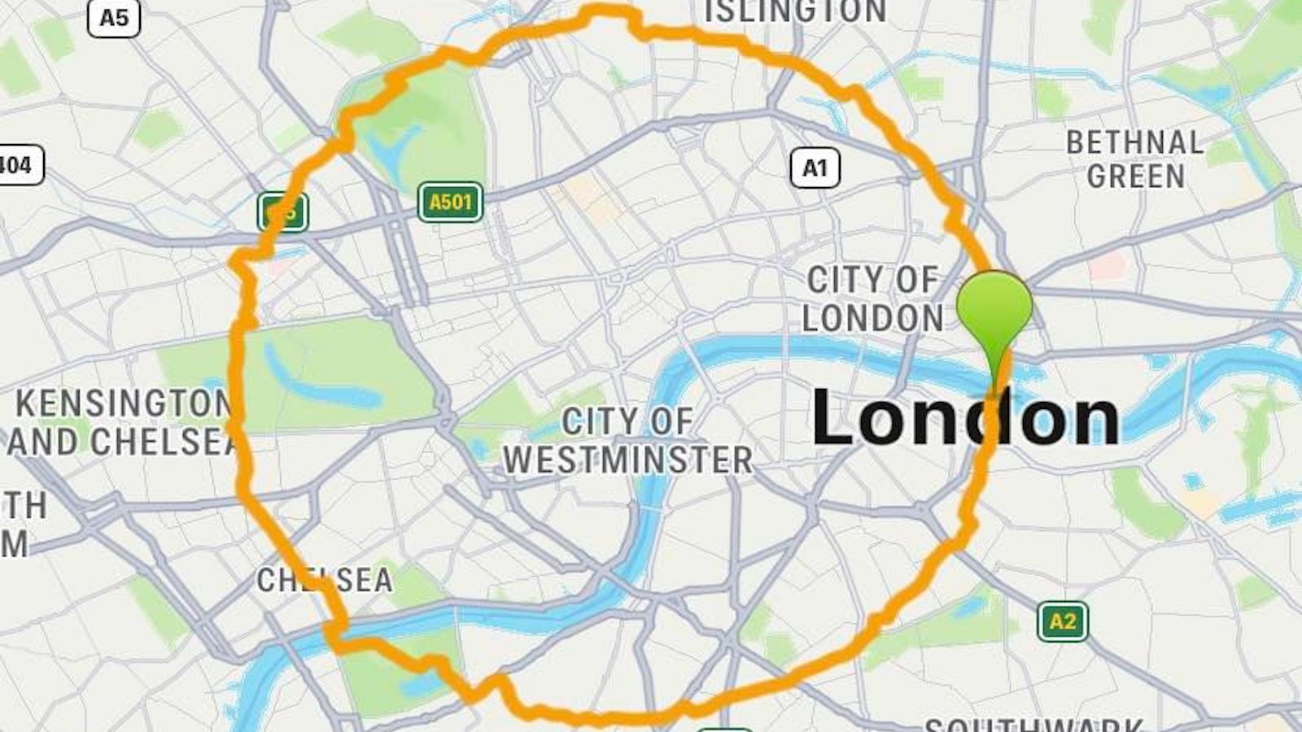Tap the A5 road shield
pos(114,18)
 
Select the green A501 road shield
pos(450,202)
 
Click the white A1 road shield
pos(815,168)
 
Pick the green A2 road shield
pos(1063,622)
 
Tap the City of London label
pos(872,299)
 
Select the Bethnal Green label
pos(1135,159)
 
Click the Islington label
pos(795,11)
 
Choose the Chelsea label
pos(324,580)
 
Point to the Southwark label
pos(1033,723)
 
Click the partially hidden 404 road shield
pos(18,166)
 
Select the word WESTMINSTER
pos(627,460)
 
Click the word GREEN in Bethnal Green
pos(1135,176)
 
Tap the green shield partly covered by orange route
pos(282,213)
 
